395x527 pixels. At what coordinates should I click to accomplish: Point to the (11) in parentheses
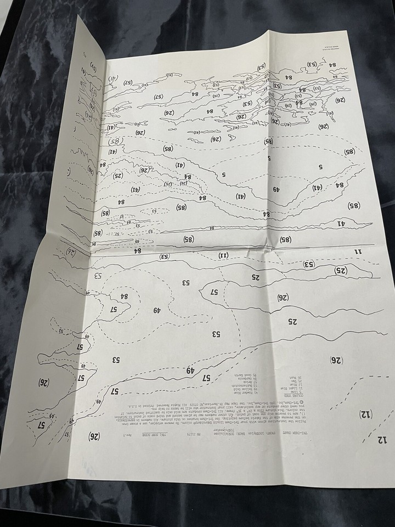[x=223, y=255]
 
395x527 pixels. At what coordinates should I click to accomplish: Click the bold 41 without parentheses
[x=340, y=223]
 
